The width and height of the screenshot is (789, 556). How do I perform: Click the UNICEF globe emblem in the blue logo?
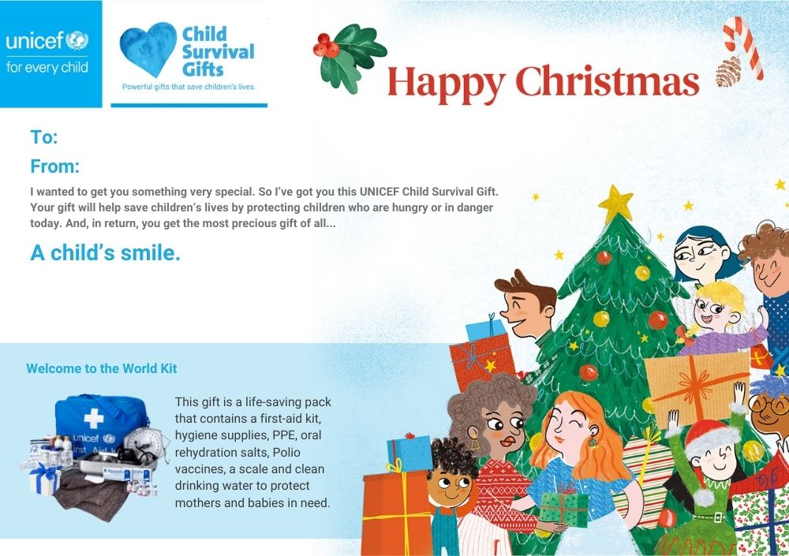[77, 41]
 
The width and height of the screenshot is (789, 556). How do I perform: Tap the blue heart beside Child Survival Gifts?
[148, 50]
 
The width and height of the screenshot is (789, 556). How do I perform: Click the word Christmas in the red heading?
[608, 81]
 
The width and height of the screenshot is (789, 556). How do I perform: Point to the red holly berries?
[326, 45]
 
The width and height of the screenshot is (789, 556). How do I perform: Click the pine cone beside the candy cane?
[728, 72]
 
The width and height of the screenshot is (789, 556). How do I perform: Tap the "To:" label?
[43, 137]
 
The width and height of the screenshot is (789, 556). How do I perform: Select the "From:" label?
[55, 166]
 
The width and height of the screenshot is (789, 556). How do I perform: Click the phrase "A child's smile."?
[105, 252]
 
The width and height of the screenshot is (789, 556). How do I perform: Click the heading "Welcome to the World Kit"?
[102, 368]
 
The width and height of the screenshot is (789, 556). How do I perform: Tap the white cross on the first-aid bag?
[94, 418]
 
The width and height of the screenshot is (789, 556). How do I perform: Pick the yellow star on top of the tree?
[615, 203]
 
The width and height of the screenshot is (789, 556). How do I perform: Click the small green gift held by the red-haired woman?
[563, 509]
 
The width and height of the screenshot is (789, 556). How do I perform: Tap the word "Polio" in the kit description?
[286, 452]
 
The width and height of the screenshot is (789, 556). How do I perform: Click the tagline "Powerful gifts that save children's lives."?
[189, 87]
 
